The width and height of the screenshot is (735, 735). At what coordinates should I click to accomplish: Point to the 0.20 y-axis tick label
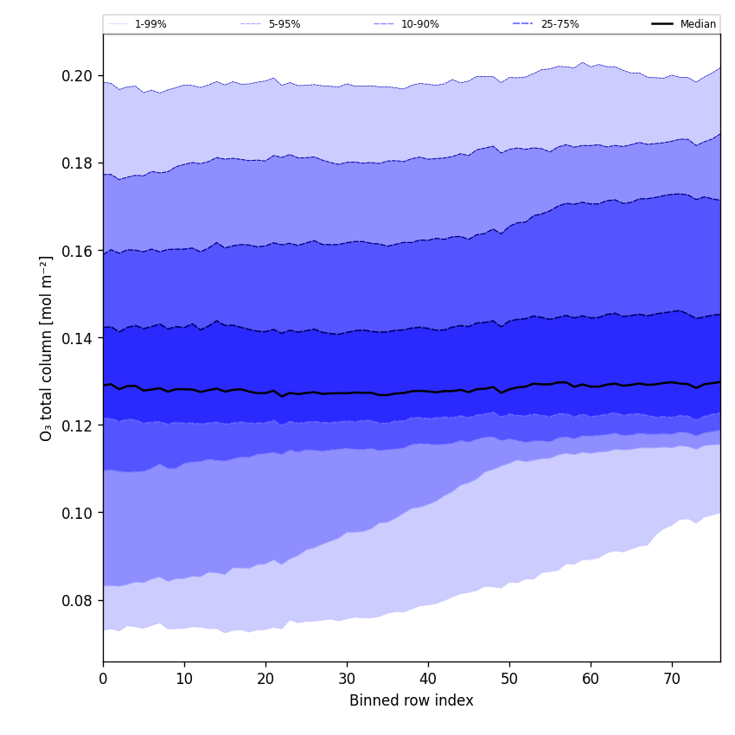click(x=77, y=76)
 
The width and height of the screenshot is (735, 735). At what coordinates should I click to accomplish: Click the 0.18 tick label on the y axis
click(x=77, y=163)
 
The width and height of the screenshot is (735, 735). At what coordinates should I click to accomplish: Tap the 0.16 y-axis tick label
click(x=77, y=251)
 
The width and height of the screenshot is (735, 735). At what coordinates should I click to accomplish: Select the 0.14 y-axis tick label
click(x=77, y=338)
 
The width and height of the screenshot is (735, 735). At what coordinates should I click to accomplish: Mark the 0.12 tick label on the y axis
click(x=77, y=425)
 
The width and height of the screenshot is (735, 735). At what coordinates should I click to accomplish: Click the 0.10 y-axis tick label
click(x=77, y=513)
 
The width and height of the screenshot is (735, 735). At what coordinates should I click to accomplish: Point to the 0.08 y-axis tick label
click(x=77, y=600)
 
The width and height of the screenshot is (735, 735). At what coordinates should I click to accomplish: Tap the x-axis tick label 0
click(x=103, y=679)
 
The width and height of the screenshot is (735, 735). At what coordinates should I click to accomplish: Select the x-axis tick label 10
click(x=184, y=679)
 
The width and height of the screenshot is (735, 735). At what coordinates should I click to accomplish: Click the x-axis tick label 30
click(x=347, y=679)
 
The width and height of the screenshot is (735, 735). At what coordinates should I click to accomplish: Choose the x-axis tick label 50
click(x=509, y=679)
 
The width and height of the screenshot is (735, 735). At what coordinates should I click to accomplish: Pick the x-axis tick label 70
click(x=672, y=679)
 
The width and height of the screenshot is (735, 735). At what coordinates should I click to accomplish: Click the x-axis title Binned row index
click(x=412, y=700)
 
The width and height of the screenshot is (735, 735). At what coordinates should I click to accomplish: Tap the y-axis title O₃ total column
click(x=47, y=348)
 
